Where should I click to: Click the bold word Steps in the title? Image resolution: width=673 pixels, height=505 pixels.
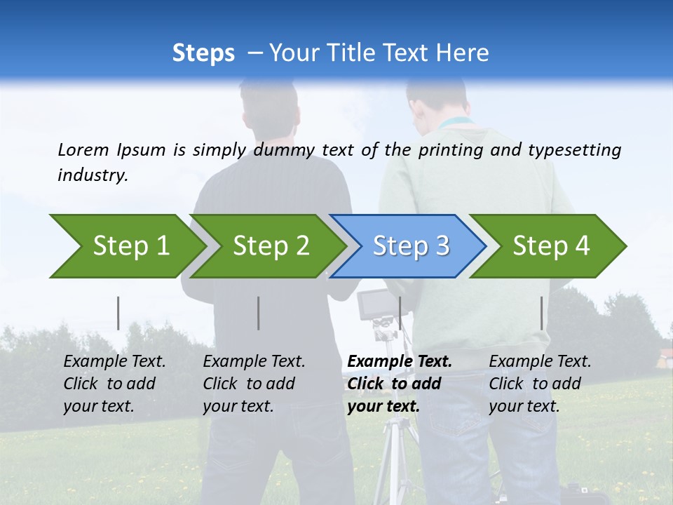[x=203, y=53]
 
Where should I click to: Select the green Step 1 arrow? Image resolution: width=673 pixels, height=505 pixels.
[x=126, y=246]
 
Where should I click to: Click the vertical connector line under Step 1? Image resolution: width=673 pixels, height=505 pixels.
[x=118, y=313]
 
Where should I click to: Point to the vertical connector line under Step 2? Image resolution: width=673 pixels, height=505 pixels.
[x=259, y=313]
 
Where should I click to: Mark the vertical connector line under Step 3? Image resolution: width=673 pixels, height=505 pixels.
[x=400, y=313]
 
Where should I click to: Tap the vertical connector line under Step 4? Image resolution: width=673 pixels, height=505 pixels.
[x=541, y=313]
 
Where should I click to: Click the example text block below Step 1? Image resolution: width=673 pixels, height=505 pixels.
[x=114, y=384]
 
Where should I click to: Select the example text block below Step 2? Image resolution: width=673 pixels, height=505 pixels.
[x=254, y=384]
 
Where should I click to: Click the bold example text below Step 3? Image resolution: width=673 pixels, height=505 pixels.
[x=400, y=384]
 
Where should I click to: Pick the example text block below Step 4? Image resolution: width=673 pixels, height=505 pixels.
[x=540, y=384]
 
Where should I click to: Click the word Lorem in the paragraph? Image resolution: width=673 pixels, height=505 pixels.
[x=83, y=150]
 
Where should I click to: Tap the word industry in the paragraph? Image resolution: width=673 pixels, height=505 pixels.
[x=93, y=175]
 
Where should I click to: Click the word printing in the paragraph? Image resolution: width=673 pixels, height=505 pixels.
[x=449, y=150]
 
